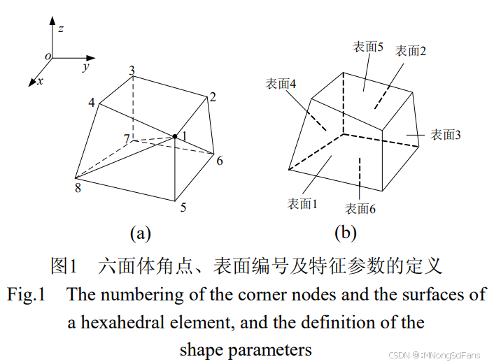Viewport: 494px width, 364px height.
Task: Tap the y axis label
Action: point(85,67)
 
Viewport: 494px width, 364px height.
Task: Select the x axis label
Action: point(40,81)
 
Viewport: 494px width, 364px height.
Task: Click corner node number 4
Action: point(92,103)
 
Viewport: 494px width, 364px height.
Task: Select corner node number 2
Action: point(213,96)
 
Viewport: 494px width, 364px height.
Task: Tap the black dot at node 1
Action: point(175,136)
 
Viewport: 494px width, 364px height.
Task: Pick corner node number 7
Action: point(126,140)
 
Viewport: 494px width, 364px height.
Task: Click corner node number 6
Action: point(219,161)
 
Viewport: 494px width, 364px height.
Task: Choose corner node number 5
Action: point(183,207)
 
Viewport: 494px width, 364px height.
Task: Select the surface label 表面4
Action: point(281,84)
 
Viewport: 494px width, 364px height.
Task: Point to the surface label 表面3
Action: point(445,135)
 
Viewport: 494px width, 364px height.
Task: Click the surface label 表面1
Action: point(302,204)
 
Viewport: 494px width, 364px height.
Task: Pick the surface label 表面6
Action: point(360,208)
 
